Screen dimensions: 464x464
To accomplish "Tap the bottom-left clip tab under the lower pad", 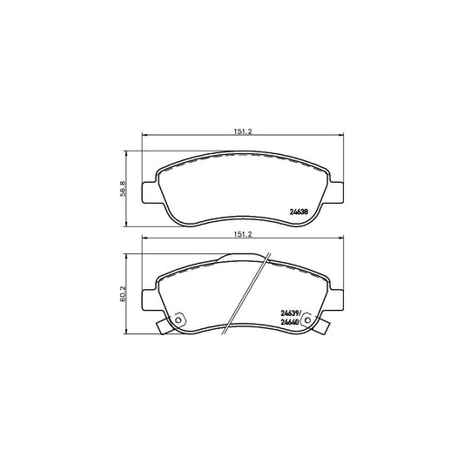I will tap(163, 329).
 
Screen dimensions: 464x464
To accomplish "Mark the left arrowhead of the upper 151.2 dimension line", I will tap(145, 137).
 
